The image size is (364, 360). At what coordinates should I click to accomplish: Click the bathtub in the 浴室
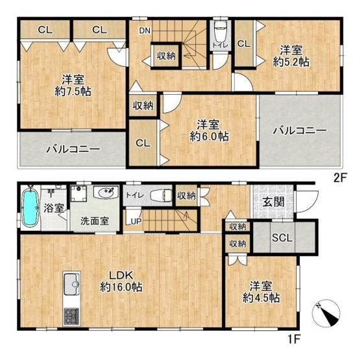31,208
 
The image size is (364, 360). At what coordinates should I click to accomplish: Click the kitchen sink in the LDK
72,283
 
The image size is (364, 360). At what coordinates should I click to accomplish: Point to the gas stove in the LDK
72,316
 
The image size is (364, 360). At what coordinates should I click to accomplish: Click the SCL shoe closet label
282,237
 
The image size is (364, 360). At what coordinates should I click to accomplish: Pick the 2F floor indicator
342,176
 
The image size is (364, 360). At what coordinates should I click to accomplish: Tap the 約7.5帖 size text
72,91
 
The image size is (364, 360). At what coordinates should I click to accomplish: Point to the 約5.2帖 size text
289,63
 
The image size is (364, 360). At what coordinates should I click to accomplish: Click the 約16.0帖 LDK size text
122,286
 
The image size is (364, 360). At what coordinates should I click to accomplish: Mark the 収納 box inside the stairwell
166,56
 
